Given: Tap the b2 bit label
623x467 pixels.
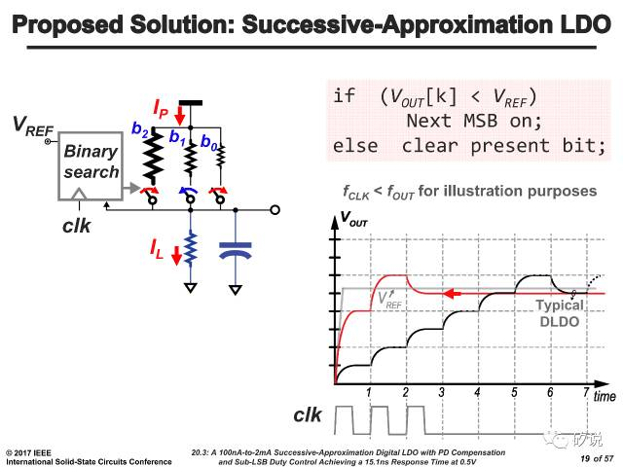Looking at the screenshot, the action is click(x=140, y=129).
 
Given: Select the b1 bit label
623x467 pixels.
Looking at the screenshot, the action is click(x=177, y=136).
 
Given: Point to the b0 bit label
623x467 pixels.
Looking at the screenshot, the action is click(x=209, y=142).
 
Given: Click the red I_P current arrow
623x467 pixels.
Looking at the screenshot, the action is click(x=180, y=116).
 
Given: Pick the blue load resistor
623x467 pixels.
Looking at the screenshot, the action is click(x=191, y=248).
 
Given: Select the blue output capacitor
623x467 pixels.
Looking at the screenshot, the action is click(x=236, y=251).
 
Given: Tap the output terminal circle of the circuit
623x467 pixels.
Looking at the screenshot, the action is click(x=275, y=210).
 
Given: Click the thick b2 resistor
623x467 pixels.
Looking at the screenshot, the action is click(x=154, y=156).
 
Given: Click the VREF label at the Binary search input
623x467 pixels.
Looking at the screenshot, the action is click(x=32, y=126).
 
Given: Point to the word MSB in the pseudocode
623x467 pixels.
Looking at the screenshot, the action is click(x=480, y=121).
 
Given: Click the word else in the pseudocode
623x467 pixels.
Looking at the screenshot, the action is click(x=355, y=145).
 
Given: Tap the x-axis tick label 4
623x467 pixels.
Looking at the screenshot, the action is click(x=477, y=393).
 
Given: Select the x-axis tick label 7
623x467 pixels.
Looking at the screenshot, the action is click(x=586, y=392).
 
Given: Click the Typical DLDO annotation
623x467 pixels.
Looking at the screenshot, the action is click(x=560, y=313).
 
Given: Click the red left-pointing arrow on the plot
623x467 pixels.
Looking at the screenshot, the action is click(x=452, y=294).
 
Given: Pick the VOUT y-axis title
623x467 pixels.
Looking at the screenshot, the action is click(x=353, y=219).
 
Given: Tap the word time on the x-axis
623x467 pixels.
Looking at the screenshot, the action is click(x=605, y=396).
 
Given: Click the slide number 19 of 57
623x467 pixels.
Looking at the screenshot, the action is click(x=597, y=458).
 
